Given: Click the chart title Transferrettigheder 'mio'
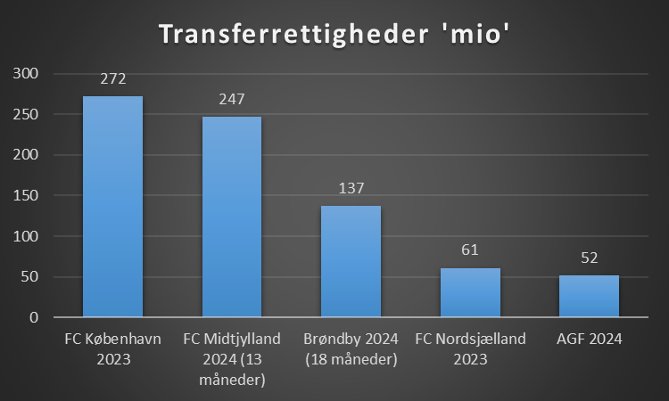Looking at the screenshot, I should pos(334,35).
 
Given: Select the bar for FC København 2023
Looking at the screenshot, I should pos(112,206).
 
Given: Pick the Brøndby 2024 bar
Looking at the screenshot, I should pos(351,261).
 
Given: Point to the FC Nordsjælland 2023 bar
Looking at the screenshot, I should pos(470,292).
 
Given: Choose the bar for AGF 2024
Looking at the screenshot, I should pos(589,296).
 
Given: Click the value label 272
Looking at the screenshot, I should pos(112,79).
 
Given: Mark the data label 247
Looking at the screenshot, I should pos(232,100).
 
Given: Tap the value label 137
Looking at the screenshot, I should pos(351,189).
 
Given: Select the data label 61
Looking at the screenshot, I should pos(470,251).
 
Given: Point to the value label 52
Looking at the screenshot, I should pos(589,258).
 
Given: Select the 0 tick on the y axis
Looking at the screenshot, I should pos(34,317).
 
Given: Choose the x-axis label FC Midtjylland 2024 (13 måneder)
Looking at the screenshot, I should pos(232,359).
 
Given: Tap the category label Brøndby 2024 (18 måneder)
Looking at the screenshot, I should pos(351,349).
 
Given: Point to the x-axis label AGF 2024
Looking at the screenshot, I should pos(589,339).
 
